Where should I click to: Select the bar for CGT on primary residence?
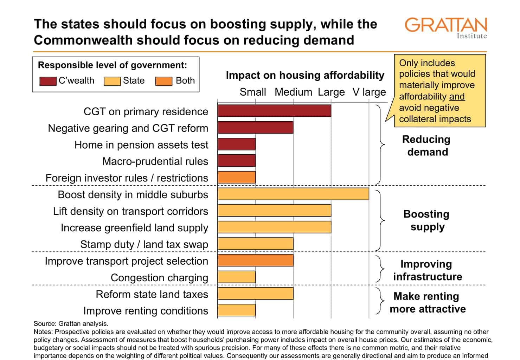274,111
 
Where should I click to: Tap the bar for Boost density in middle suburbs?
293,194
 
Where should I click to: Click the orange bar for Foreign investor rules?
237,178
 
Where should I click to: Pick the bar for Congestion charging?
237,277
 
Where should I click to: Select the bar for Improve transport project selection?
255,261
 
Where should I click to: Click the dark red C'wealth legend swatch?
48,81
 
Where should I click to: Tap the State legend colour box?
112,81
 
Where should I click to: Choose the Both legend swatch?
164,81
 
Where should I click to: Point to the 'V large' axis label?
369,92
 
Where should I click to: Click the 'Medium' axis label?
293,92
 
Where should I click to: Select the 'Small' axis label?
252,92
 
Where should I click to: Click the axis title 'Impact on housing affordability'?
305,75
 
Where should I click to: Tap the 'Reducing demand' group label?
426,146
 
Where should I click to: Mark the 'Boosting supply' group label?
426,220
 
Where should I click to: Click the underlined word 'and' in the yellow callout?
457,97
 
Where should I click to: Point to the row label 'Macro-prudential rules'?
155,161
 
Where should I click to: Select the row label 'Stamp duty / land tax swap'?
144,244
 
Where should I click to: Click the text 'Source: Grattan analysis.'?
71,323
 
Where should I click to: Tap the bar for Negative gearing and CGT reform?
255,127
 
